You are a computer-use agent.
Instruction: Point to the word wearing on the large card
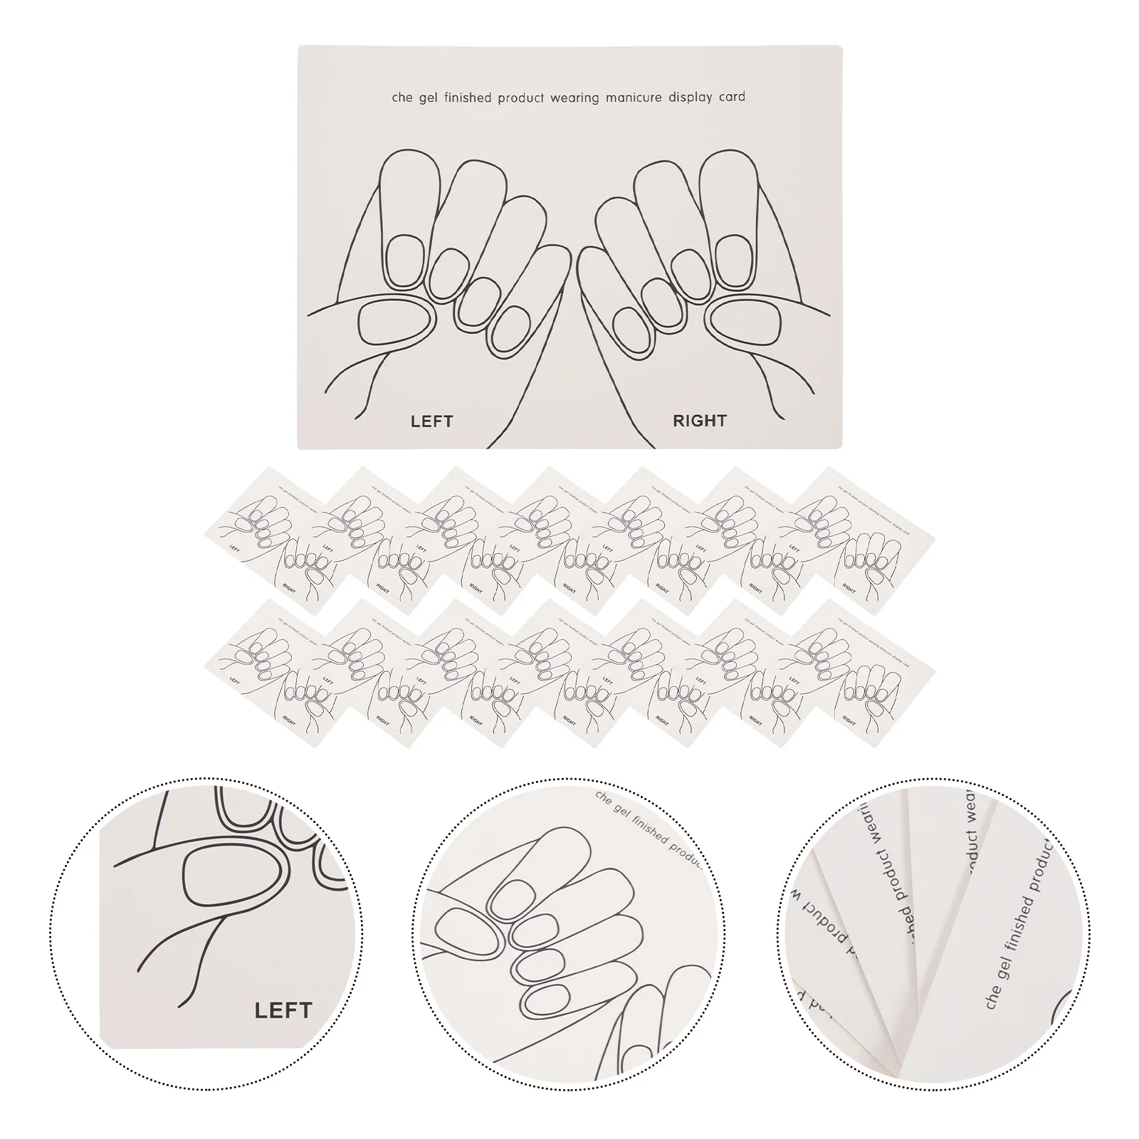point(574,98)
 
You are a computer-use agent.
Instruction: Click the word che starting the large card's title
point(401,98)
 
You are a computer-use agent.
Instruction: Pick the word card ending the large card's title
point(732,97)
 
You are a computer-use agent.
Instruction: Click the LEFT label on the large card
point(431,421)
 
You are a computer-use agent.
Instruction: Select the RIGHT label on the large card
point(699,421)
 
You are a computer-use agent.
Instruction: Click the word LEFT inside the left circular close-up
point(283,1009)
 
